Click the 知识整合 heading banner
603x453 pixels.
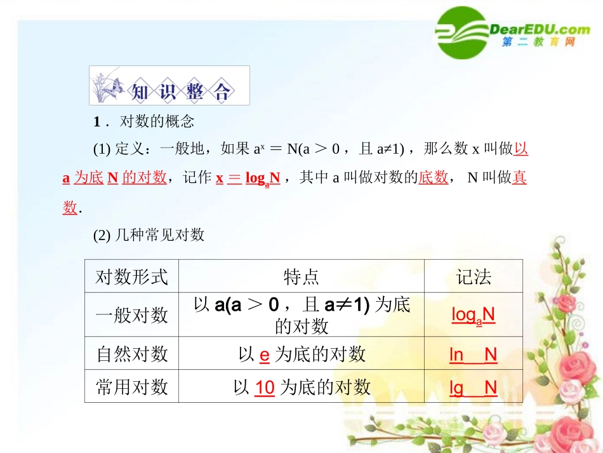169,86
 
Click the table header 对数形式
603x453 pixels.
131,276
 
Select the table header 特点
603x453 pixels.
301,276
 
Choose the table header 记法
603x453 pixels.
474,276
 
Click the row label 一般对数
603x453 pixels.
131,314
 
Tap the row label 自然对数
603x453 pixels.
131,354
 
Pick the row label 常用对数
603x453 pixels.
131,387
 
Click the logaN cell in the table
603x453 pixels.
473,314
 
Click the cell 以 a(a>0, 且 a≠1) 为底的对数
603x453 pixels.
301,315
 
